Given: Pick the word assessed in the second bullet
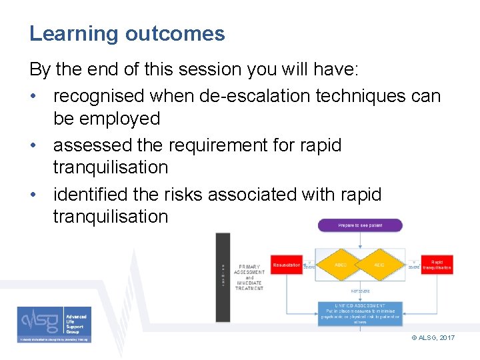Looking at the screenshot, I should pos(89,145).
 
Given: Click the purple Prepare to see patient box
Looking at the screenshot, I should pos(360,225).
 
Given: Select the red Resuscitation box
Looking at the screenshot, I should pos(287,265).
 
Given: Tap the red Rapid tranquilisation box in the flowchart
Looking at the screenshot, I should pos(437,265).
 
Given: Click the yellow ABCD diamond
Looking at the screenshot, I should pos(340,265).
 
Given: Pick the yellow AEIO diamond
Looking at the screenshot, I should pos(379,265).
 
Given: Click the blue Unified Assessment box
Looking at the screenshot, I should pos(360,314).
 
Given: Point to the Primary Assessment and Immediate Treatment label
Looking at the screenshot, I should pos(249,275).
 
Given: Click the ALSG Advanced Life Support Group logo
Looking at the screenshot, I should pos(54,324).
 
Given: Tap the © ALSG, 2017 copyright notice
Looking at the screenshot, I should pos(433,338).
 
